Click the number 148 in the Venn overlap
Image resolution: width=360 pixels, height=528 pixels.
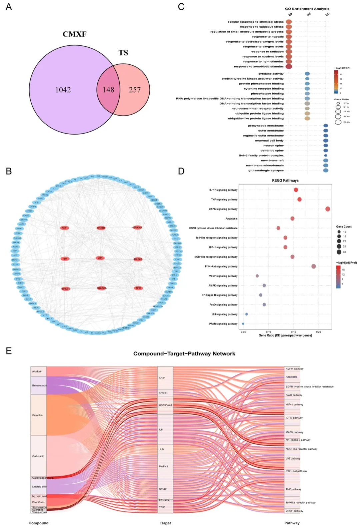(x=108, y=90)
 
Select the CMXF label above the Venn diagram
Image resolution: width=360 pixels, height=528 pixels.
(x=74, y=34)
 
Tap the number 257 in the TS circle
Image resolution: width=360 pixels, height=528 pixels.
(x=135, y=90)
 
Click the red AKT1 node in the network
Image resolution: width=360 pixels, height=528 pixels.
(x=65, y=228)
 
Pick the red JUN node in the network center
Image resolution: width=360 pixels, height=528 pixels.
(x=100, y=258)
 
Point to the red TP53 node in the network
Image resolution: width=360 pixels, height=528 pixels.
(x=138, y=288)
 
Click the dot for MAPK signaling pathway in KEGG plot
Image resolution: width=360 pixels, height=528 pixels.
(x=328, y=209)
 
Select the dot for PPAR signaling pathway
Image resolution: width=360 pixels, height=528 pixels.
(x=243, y=324)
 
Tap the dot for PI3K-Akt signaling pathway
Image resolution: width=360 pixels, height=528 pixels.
(x=314, y=266)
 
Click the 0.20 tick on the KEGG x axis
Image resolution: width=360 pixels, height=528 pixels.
(x=319, y=332)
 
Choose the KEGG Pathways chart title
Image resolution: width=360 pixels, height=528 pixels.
(x=285, y=181)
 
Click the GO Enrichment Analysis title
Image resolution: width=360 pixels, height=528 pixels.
(x=307, y=9)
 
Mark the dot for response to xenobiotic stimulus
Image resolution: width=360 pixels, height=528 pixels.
(x=289, y=66)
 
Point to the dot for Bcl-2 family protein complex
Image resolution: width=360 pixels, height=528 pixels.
(x=326, y=156)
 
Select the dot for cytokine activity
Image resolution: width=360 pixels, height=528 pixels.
(x=307, y=74)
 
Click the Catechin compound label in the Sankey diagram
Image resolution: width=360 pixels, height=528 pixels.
(x=37, y=415)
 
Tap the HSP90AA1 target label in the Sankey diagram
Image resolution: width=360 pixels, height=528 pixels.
(x=165, y=405)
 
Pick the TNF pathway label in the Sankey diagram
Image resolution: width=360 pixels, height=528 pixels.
(x=293, y=489)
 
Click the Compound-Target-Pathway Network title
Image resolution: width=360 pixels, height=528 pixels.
(x=184, y=354)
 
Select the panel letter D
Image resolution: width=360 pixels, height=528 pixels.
(x=181, y=171)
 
